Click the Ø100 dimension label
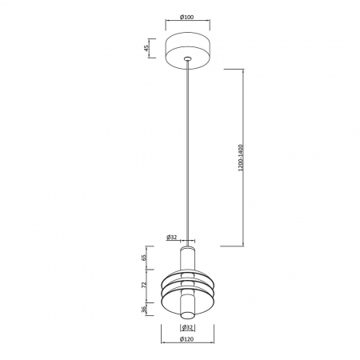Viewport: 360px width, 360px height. point(186,18)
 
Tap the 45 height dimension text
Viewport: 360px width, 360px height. point(146,47)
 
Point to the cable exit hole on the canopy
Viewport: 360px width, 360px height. point(187,58)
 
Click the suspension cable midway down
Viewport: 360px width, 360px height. point(187,152)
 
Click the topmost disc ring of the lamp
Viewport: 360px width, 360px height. point(187,274)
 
